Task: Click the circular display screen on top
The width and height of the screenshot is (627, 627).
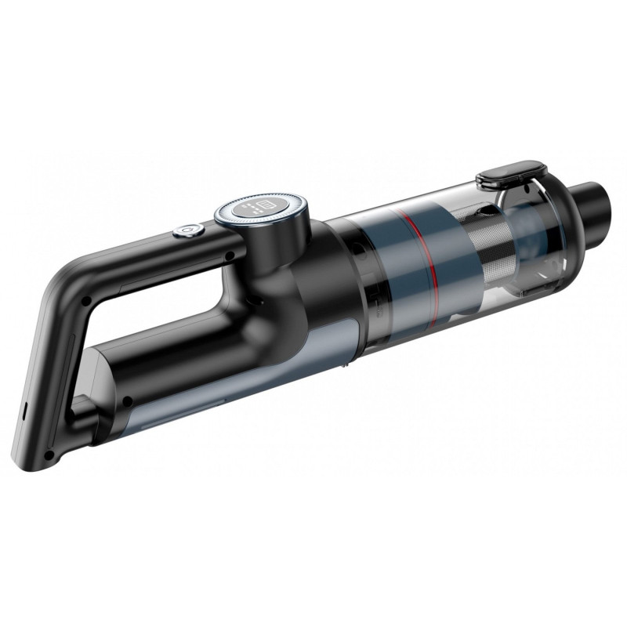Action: click(x=261, y=209)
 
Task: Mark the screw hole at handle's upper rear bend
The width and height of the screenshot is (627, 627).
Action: click(x=85, y=300)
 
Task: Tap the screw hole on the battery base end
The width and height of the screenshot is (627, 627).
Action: click(x=126, y=403)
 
